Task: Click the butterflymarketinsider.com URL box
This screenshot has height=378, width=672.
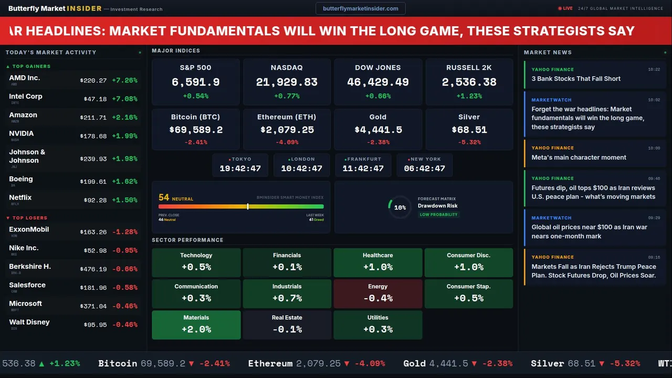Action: point(360,8)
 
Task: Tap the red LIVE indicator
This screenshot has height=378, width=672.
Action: point(565,8)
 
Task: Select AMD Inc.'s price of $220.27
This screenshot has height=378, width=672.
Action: point(93,80)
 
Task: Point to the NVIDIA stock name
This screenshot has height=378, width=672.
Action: point(22,133)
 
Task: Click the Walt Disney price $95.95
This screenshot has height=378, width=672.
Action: point(95,324)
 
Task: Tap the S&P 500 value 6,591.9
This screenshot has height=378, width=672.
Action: point(195,82)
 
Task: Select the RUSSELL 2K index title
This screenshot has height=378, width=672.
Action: point(469,68)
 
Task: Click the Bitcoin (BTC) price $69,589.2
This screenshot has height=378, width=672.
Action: point(195,130)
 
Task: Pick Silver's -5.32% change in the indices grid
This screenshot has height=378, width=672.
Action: point(469,142)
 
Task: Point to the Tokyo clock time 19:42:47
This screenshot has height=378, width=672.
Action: point(240,169)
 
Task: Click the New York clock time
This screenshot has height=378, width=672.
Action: point(424,169)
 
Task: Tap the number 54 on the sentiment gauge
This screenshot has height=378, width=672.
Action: point(164,197)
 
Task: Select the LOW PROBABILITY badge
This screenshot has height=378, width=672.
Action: point(438,214)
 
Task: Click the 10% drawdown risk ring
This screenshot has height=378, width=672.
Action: point(400,207)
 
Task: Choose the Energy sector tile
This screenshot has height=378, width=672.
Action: point(377,293)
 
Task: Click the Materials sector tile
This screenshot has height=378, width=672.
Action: point(196,324)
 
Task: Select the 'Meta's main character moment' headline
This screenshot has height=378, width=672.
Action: point(579,157)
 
